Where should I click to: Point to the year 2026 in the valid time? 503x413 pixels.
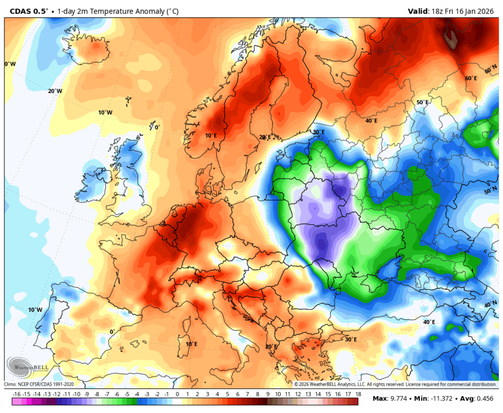(x=488, y=11)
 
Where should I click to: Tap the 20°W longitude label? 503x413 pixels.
(x=55, y=91)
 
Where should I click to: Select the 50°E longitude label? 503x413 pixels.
(x=422, y=102)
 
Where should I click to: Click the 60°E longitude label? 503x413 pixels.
(x=471, y=79)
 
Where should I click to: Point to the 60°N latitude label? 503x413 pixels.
(x=491, y=70)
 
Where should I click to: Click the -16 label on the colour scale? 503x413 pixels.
(x=17, y=394)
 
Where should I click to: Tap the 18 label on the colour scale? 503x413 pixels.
(x=357, y=394)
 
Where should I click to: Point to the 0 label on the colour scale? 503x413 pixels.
(x=177, y=394)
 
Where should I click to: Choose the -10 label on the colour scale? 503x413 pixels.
(x=77, y=394)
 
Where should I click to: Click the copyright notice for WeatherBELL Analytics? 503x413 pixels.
(x=395, y=384)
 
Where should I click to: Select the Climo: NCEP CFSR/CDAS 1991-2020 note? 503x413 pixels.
(x=39, y=384)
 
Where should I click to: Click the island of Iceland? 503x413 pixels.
(x=91, y=49)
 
